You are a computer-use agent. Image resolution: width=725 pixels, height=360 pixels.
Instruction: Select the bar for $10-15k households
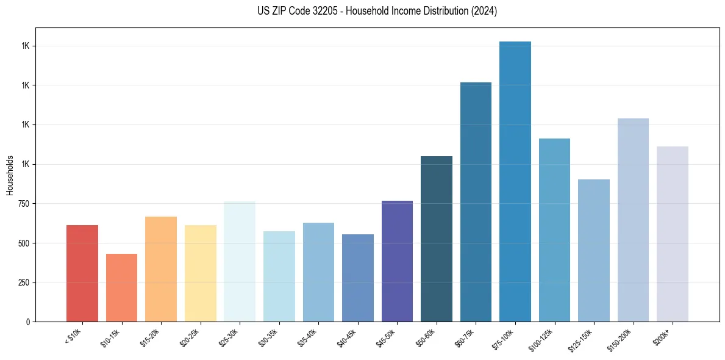(121, 287)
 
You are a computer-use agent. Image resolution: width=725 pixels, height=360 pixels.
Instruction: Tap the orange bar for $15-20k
(161, 269)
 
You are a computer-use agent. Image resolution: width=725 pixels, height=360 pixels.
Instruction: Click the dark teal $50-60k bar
(437, 239)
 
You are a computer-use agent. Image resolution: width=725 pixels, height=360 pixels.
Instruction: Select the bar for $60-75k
(476, 202)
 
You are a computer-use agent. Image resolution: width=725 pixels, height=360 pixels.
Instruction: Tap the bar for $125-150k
(594, 250)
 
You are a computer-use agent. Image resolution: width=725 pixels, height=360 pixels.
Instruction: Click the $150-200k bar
(633, 220)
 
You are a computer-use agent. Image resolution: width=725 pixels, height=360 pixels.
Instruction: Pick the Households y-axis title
(10, 175)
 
